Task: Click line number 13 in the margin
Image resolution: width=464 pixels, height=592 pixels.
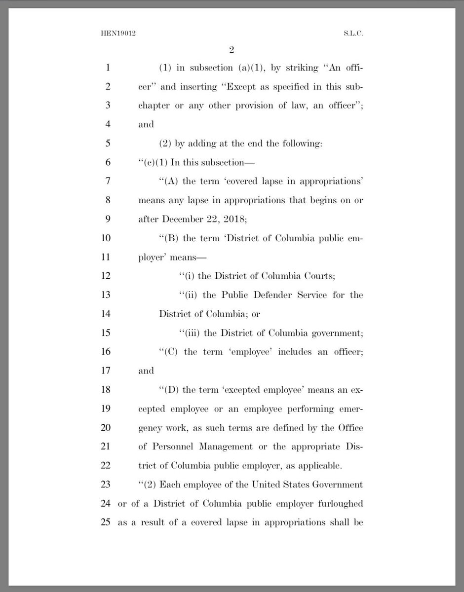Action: (105, 295)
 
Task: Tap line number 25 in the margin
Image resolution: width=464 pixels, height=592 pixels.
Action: (105, 522)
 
